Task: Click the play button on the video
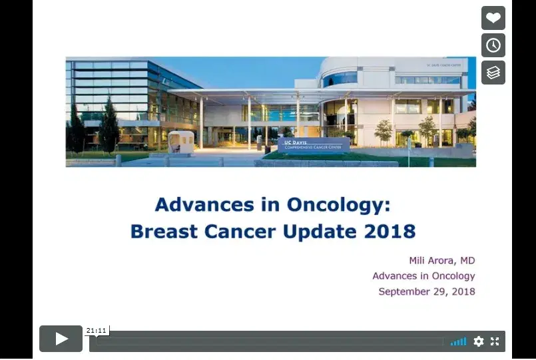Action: click(61, 339)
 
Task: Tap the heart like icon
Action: click(493, 18)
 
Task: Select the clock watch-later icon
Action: click(493, 45)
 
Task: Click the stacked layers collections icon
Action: click(493, 73)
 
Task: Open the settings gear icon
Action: click(478, 341)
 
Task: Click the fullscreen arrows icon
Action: click(495, 341)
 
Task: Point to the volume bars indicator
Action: click(458, 341)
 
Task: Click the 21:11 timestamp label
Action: click(97, 330)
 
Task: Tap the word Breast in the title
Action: click(163, 232)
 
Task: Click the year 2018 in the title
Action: click(390, 232)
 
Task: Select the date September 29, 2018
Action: click(426, 291)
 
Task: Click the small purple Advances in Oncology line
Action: click(423, 275)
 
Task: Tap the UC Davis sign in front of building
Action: click(313, 145)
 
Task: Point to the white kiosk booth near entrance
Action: click(181, 141)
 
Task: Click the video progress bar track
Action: click(266, 341)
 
